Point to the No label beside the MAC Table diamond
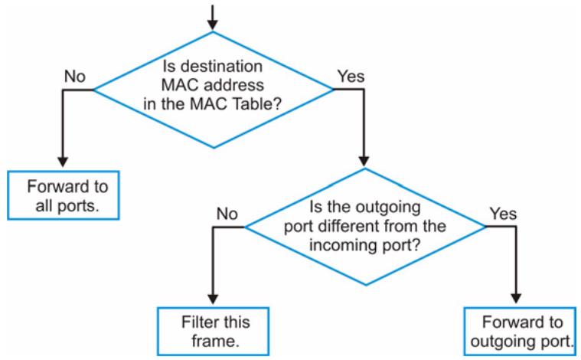[x=75, y=77]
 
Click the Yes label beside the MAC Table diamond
[x=351, y=77]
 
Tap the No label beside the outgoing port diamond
[x=227, y=214]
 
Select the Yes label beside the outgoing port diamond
[x=503, y=214]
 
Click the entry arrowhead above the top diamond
[x=212, y=25]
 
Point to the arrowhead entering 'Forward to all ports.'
[x=63, y=162]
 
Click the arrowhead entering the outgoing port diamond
[x=364, y=162]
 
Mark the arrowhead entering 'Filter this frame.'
[x=213, y=299]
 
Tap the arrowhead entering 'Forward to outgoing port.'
[x=516, y=299]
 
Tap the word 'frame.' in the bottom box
[x=215, y=341]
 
